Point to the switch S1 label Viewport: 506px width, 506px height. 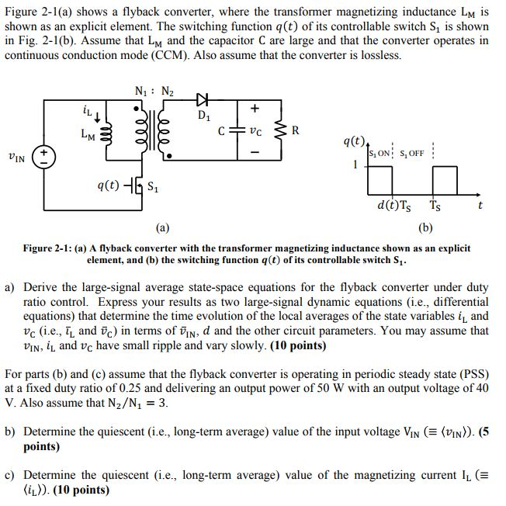coord(154,186)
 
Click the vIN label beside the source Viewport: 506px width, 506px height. coord(16,158)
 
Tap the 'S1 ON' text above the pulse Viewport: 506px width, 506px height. coord(385,153)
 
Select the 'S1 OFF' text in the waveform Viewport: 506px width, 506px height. coord(414,153)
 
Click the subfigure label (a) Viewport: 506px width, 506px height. coord(161,228)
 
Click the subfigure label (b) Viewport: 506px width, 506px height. coord(425,228)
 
